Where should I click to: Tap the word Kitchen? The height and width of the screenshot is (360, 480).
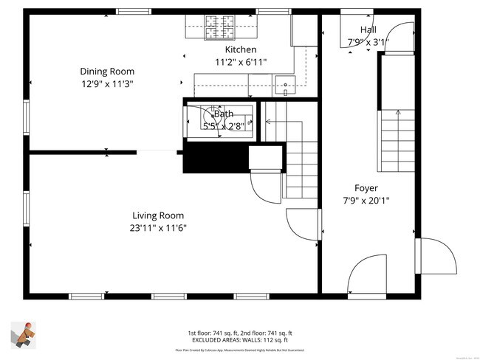[241, 49]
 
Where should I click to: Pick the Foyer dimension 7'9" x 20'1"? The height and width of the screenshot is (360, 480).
[366, 200]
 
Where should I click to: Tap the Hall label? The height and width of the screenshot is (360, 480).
[367, 30]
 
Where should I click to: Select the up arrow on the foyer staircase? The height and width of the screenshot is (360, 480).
[398, 114]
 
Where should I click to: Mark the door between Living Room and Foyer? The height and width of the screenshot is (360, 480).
[304, 225]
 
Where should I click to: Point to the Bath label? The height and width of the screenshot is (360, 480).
[223, 114]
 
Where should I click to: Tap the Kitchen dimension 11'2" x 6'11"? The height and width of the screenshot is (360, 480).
[241, 62]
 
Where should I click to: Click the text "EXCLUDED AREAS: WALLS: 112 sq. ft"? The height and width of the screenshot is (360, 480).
[239, 340]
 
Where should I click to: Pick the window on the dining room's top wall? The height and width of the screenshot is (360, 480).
[134, 12]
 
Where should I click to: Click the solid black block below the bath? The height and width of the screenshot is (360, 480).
[214, 157]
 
